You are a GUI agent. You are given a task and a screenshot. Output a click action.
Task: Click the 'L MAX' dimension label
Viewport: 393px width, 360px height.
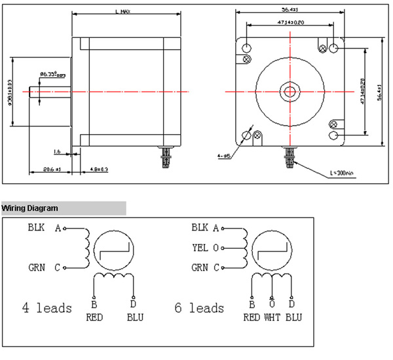pyautogui.click(x=121, y=11)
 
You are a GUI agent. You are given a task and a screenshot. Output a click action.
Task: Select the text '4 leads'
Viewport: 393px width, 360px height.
pyautogui.click(x=47, y=308)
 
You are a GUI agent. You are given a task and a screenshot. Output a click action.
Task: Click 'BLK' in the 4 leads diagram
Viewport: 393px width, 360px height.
pyautogui.click(x=36, y=228)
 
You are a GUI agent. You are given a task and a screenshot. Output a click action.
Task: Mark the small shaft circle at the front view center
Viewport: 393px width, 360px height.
pyautogui.click(x=288, y=92)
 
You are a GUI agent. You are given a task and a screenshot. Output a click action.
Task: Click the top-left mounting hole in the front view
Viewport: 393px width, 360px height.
pyautogui.click(x=246, y=48)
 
